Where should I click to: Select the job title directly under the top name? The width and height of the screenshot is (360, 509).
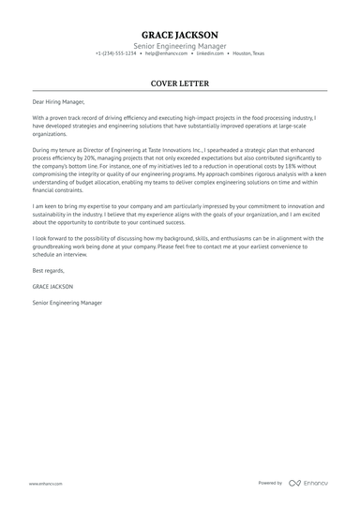pyautogui.click(x=180, y=44)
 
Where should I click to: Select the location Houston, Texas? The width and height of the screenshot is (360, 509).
pyautogui.click(x=248, y=53)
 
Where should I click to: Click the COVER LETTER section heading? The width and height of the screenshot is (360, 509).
pyautogui.click(x=180, y=83)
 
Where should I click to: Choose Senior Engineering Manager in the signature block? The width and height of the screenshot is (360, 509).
pyautogui.click(x=67, y=303)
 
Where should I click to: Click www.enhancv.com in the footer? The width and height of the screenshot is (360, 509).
pyautogui.click(x=45, y=483)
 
